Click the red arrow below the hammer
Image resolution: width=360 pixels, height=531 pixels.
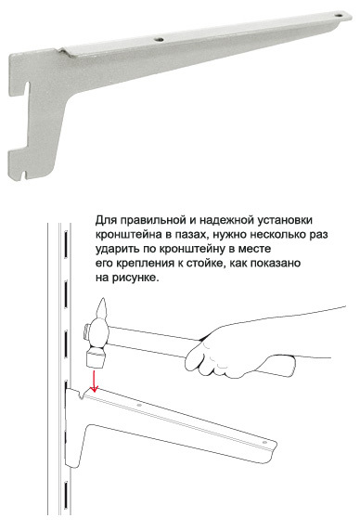pyautogui.click(x=95, y=382)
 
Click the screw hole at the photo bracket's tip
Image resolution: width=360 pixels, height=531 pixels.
pyautogui.click(x=338, y=15)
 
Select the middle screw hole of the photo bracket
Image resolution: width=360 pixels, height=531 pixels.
pyautogui.click(x=159, y=40)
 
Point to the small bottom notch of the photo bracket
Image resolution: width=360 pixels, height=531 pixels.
pyautogui.click(x=23, y=175)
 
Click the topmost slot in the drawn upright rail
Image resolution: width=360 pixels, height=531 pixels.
pyautogui.click(x=66, y=240)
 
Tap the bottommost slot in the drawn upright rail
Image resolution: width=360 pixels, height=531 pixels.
pyautogui.click(x=66, y=495)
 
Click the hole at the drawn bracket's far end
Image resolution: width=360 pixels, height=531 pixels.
pyautogui.click(x=264, y=442)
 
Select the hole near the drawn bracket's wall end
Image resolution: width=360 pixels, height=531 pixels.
pyautogui.click(x=139, y=405)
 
